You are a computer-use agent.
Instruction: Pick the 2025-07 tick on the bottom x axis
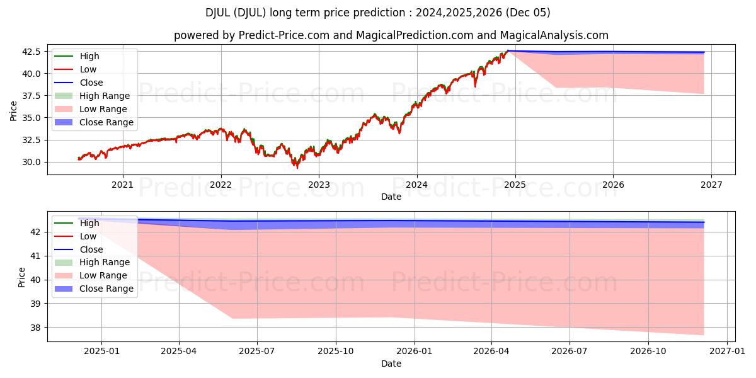pyautogui.click(x=258, y=352)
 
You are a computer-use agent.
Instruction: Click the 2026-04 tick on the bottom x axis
pyautogui.click(x=492, y=352)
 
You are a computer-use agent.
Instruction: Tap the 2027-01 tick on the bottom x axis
pyautogui.click(x=727, y=352)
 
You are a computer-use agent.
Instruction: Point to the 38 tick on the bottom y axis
pyautogui.click(x=37, y=328)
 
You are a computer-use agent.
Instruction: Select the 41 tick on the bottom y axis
pyautogui.click(x=37, y=256)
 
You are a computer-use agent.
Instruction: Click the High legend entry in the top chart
pyautogui.click(x=89, y=56)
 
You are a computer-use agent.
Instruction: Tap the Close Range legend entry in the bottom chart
pyautogui.click(x=106, y=289)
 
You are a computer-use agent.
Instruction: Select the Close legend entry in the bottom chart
pyautogui.click(x=91, y=249)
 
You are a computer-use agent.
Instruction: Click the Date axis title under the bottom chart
pyautogui.click(x=392, y=364)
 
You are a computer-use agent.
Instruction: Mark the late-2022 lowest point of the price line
pyautogui.click(x=297, y=168)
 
